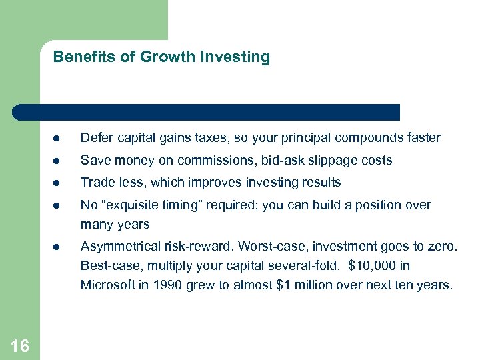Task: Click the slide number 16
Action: tap(20, 345)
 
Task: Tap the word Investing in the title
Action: tap(240, 57)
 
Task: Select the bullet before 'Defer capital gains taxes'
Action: tap(59, 139)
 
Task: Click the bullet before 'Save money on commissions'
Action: tap(59, 161)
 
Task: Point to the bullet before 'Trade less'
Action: tap(59, 183)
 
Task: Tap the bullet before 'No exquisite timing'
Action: tap(59, 205)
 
